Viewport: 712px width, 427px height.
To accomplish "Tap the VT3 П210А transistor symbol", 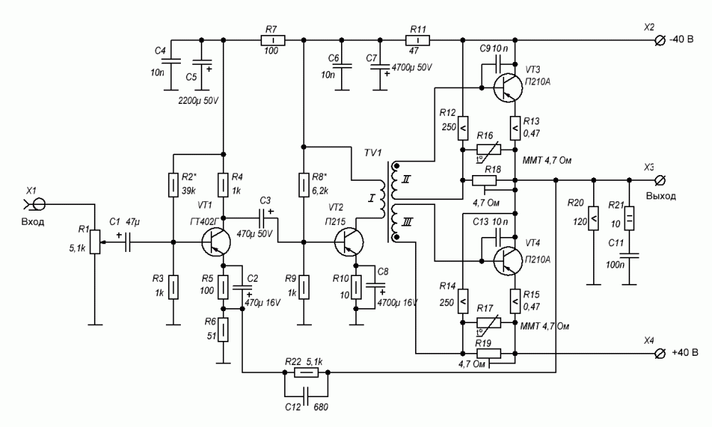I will (x=508, y=85).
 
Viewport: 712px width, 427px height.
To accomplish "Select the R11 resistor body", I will (x=418, y=41).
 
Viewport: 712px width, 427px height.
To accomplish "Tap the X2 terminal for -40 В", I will (x=660, y=41).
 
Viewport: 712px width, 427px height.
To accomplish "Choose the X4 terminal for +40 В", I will (x=660, y=352).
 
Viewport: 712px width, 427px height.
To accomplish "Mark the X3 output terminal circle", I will (x=660, y=180).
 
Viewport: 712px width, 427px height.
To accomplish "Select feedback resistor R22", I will (x=306, y=372).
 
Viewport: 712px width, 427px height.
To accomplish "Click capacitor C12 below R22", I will (x=306, y=394).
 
